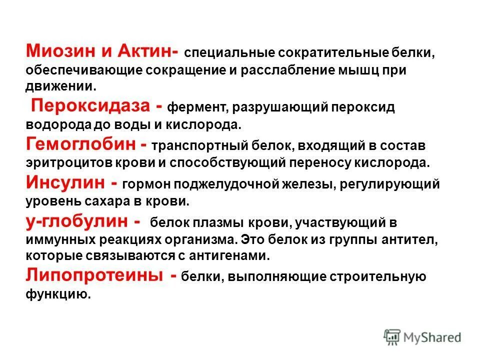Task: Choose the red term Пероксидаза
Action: (x=90, y=106)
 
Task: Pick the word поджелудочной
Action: (x=213, y=184)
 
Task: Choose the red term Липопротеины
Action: (x=93, y=275)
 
